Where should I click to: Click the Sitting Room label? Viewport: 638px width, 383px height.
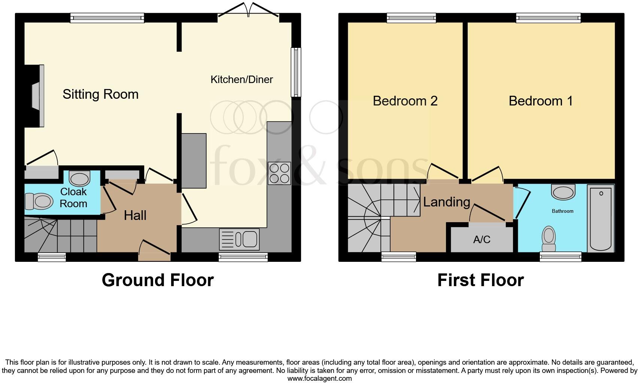(100, 94)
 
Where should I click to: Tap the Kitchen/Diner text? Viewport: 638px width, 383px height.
(241, 79)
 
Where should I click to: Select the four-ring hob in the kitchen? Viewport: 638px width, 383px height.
(279, 173)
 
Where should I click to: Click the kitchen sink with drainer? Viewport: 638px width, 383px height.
(239, 239)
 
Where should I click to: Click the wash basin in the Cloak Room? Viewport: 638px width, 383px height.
(80, 179)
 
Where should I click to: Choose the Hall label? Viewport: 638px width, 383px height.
(135, 215)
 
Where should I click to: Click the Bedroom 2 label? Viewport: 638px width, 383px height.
(405, 101)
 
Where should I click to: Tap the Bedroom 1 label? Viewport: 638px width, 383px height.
(541, 101)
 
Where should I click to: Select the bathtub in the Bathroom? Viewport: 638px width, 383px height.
(601, 218)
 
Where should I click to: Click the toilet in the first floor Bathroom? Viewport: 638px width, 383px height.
(549, 239)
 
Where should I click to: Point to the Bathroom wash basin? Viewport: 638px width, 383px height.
(563, 192)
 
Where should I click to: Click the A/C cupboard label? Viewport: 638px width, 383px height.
(481, 239)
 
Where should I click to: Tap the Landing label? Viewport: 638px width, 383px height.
(446, 202)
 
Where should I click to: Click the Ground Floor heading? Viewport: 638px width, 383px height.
(158, 280)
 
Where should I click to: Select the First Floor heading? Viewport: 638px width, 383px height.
(480, 280)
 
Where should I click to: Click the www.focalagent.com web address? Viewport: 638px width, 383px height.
(319, 379)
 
